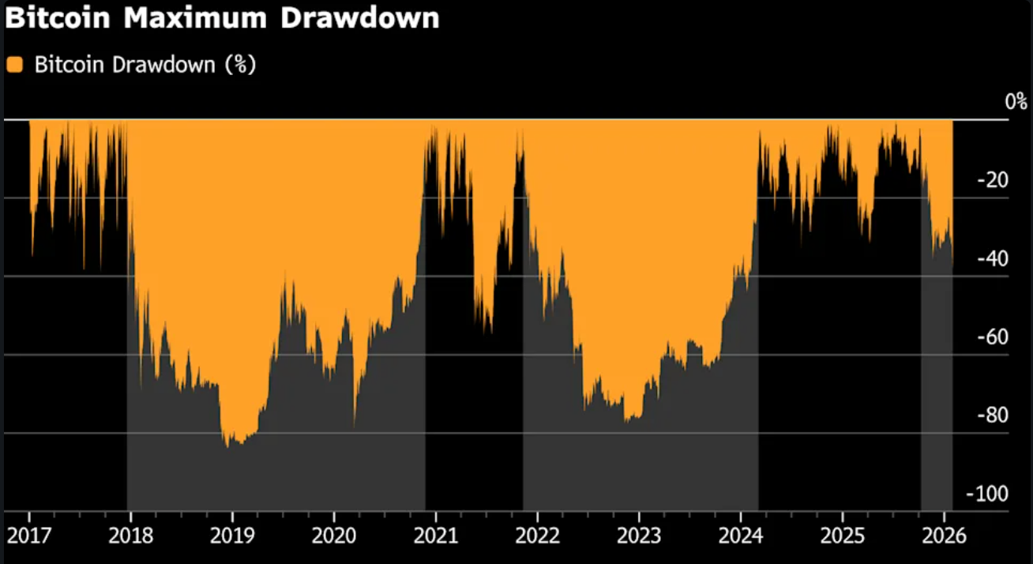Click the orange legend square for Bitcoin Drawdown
pyautogui.click(x=14, y=65)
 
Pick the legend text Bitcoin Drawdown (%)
pyautogui.click(x=145, y=65)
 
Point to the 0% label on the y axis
pyautogui.click(x=1015, y=102)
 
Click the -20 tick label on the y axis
pyautogui.click(x=994, y=180)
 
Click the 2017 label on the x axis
pyautogui.click(x=28, y=536)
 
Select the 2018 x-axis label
pyautogui.click(x=130, y=536)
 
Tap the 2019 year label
pyautogui.click(x=231, y=536)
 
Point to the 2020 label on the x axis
pyautogui.click(x=333, y=536)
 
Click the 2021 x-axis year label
pyautogui.click(x=435, y=536)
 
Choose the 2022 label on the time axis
pyautogui.click(x=537, y=536)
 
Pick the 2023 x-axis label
pyautogui.click(x=639, y=536)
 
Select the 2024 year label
pyautogui.click(x=741, y=536)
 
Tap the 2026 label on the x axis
pyautogui.click(x=944, y=536)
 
